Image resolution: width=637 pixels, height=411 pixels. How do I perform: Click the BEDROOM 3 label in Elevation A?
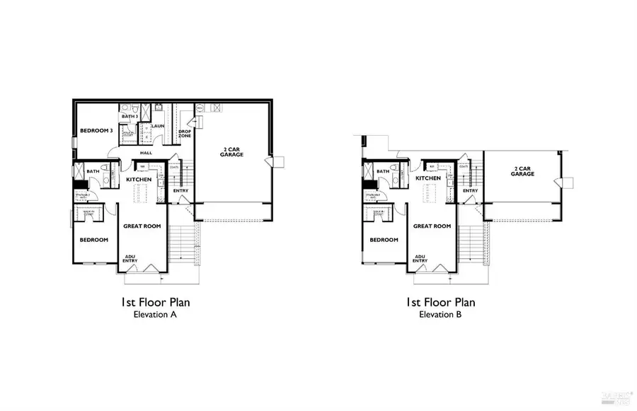click(x=96, y=131)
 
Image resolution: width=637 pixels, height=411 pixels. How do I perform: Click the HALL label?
click(x=146, y=153)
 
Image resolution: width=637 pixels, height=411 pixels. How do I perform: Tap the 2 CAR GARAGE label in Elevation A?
click(x=233, y=152)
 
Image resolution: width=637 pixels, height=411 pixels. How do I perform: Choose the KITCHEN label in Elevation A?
click(x=139, y=180)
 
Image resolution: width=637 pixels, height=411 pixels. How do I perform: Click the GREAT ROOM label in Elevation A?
click(x=142, y=226)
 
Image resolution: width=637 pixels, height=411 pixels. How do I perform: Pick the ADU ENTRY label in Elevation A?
click(x=131, y=259)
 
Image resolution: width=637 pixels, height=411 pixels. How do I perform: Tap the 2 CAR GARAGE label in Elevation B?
click(x=523, y=171)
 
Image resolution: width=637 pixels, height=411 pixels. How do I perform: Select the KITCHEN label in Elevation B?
click(x=428, y=178)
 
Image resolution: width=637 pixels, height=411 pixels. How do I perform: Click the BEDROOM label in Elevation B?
click(x=384, y=240)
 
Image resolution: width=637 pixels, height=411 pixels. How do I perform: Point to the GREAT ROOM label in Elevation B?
click(x=432, y=226)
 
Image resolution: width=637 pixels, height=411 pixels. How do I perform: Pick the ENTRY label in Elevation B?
click(x=470, y=190)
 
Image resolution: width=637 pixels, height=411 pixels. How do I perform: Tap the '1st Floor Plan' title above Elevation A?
click(x=155, y=302)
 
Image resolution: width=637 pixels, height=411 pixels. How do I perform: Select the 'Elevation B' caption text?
click(x=440, y=315)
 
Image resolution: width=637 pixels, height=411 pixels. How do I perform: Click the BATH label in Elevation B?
click(x=382, y=171)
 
